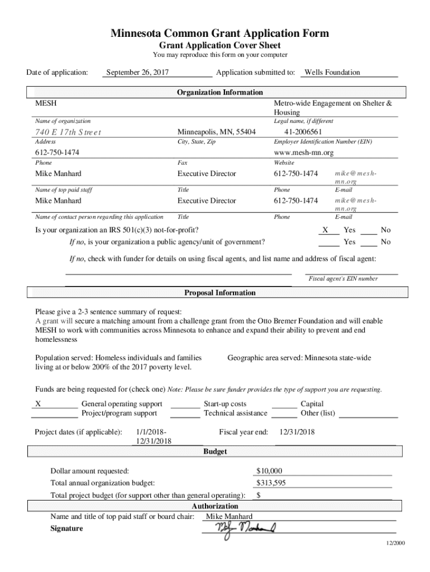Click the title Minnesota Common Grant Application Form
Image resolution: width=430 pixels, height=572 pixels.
[219, 34]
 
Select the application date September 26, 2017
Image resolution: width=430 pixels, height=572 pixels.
[137, 72]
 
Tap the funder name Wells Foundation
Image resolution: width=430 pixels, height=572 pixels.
[332, 72]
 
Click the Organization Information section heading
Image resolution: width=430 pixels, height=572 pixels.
[219, 92]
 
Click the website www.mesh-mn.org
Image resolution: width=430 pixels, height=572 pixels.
[303, 152]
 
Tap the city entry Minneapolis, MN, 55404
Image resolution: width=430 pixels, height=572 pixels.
[216, 132]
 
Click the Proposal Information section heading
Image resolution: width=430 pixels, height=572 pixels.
[219, 293]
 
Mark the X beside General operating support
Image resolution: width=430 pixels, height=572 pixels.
[38, 404]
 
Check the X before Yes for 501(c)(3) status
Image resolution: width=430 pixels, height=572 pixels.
[325, 230]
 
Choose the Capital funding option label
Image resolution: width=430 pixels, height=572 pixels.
[312, 404]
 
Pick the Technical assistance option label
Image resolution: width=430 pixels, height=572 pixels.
[235, 413]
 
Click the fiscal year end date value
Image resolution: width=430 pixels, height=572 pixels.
[297, 432]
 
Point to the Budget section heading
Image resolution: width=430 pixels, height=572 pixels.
[215, 451]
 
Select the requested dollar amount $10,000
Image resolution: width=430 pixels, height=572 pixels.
[269, 471]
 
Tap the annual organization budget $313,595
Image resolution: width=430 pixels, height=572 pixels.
[271, 483]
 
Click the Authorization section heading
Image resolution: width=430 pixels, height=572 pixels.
[215, 506]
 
